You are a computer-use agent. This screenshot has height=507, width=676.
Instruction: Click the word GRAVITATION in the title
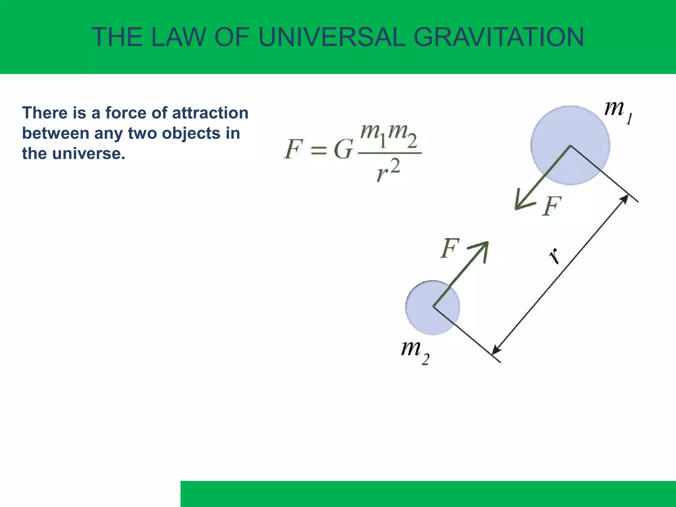[x=498, y=37]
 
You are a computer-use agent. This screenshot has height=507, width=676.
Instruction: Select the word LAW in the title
[x=178, y=37]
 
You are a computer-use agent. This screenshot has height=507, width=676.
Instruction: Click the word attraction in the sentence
[x=210, y=113]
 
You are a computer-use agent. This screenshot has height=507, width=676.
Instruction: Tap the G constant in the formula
[x=343, y=150]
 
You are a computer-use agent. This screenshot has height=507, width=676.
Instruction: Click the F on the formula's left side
[x=293, y=149]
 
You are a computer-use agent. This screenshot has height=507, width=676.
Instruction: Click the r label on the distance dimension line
[x=555, y=256]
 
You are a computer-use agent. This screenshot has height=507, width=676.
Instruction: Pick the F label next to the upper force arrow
[x=552, y=206]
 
